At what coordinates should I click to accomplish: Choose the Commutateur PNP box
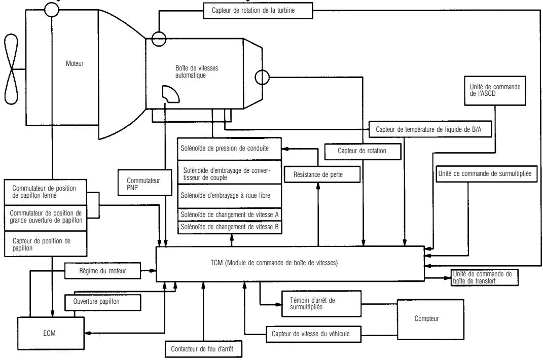point(136,183)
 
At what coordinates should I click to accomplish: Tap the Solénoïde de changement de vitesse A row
point(230,214)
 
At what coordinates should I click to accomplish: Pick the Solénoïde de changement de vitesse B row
point(230,227)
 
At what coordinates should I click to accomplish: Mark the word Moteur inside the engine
point(75,64)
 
